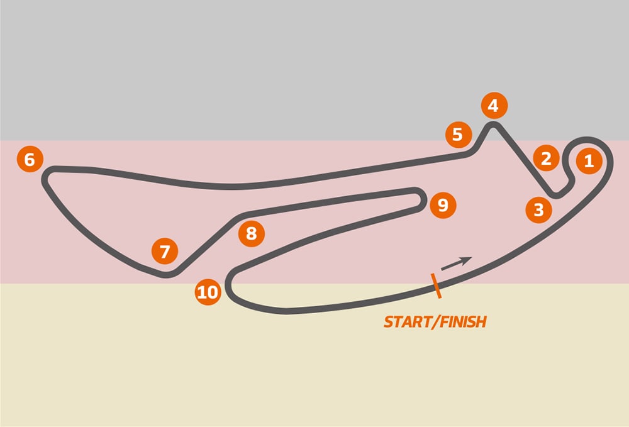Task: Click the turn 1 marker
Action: (588, 161)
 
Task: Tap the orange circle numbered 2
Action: (546, 158)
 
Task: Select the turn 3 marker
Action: (538, 209)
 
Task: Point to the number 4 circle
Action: (493, 106)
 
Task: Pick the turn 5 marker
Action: (457, 134)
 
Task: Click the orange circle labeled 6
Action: (30, 160)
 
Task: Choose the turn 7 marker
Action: (165, 252)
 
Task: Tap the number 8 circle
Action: (252, 234)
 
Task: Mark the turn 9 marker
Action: (443, 205)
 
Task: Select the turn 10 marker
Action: (208, 292)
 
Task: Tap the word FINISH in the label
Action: (464, 322)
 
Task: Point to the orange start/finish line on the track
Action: (435, 285)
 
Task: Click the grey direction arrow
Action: (456, 263)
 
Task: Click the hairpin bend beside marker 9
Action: (419, 196)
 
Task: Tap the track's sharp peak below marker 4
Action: (493, 126)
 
